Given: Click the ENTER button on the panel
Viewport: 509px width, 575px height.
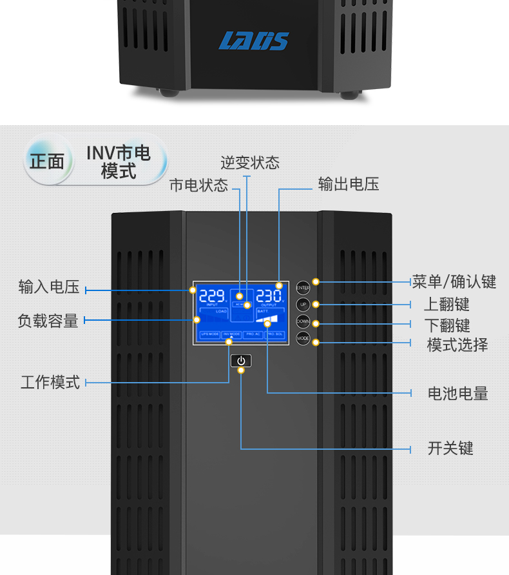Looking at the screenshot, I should pos(303,288).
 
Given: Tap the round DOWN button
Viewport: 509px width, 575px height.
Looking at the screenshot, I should pos(303,321).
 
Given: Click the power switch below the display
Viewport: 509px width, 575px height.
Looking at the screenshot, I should pos(241,361).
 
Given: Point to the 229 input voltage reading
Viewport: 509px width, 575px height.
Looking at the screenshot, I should pos(212,296).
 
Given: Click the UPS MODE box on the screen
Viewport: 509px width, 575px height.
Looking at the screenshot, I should pos(209,334).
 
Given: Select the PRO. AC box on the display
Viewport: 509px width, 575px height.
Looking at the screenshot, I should pos(253,334).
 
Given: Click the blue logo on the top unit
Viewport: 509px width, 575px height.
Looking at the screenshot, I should pos(254,41).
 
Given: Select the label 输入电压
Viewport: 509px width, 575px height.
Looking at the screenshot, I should pos(49,287).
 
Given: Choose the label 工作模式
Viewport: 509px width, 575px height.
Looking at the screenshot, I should pos(50,382).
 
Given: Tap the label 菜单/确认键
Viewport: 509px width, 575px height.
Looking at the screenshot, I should pos(454,282).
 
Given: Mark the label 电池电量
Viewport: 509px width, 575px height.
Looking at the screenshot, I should pos(457,393).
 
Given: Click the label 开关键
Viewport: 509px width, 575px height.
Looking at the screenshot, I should pos(450,448).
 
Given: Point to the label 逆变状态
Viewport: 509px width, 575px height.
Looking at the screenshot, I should pos(250,163).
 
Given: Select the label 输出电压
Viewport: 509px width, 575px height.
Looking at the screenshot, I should pos(349,184).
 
